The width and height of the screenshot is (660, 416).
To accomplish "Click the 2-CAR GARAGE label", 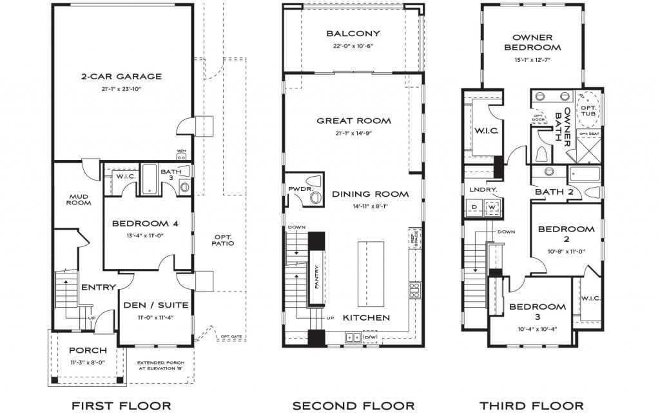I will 121,76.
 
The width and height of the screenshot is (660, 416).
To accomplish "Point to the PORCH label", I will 88,350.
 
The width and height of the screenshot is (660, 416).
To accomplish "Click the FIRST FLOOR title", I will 122,406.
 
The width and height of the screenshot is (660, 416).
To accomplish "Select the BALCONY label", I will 353,34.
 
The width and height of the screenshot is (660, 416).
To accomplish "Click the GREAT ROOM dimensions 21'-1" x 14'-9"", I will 353,133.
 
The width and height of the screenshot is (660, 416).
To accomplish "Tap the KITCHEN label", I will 365,317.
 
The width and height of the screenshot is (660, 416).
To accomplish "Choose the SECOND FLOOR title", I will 353,406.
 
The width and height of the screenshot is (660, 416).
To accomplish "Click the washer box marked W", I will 492,208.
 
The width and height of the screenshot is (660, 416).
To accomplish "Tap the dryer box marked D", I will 474,208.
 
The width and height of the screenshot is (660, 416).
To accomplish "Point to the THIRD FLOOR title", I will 531,406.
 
